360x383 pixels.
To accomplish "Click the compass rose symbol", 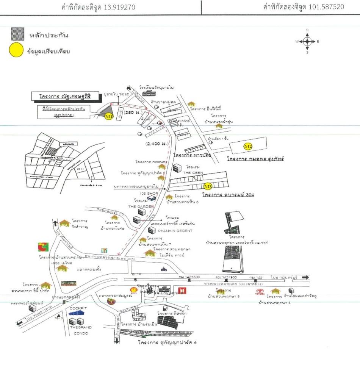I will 307,41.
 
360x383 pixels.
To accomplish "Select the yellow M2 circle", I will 248,146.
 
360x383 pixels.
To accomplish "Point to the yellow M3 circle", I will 208,186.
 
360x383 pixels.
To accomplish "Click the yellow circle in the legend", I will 16,51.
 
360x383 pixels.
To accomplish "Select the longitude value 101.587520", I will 324,7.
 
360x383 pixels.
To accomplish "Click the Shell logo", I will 133,290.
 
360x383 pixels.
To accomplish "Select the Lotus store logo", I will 69,283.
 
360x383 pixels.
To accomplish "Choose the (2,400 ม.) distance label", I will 156,144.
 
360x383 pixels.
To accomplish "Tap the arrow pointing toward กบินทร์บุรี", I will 305,277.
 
